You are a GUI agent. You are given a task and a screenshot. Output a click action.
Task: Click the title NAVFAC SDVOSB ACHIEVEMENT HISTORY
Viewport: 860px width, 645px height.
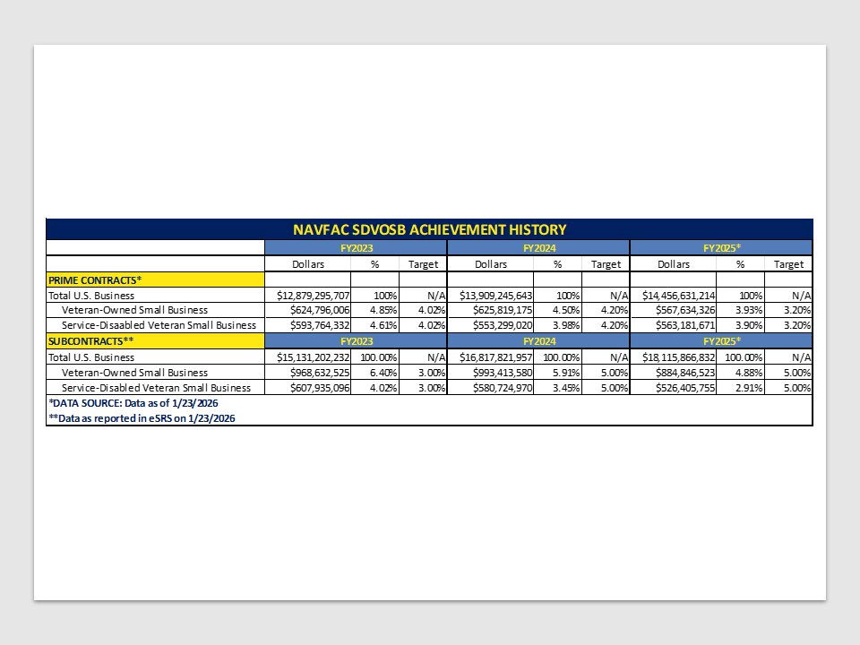click(x=429, y=229)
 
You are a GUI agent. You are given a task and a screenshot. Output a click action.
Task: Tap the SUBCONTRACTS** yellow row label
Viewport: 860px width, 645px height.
click(x=97, y=341)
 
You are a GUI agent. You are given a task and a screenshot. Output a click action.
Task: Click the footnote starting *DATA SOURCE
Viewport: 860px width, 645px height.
click(x=133, y=403)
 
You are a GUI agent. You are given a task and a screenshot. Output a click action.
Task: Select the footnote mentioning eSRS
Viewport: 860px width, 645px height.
click(x=142, y=418)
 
